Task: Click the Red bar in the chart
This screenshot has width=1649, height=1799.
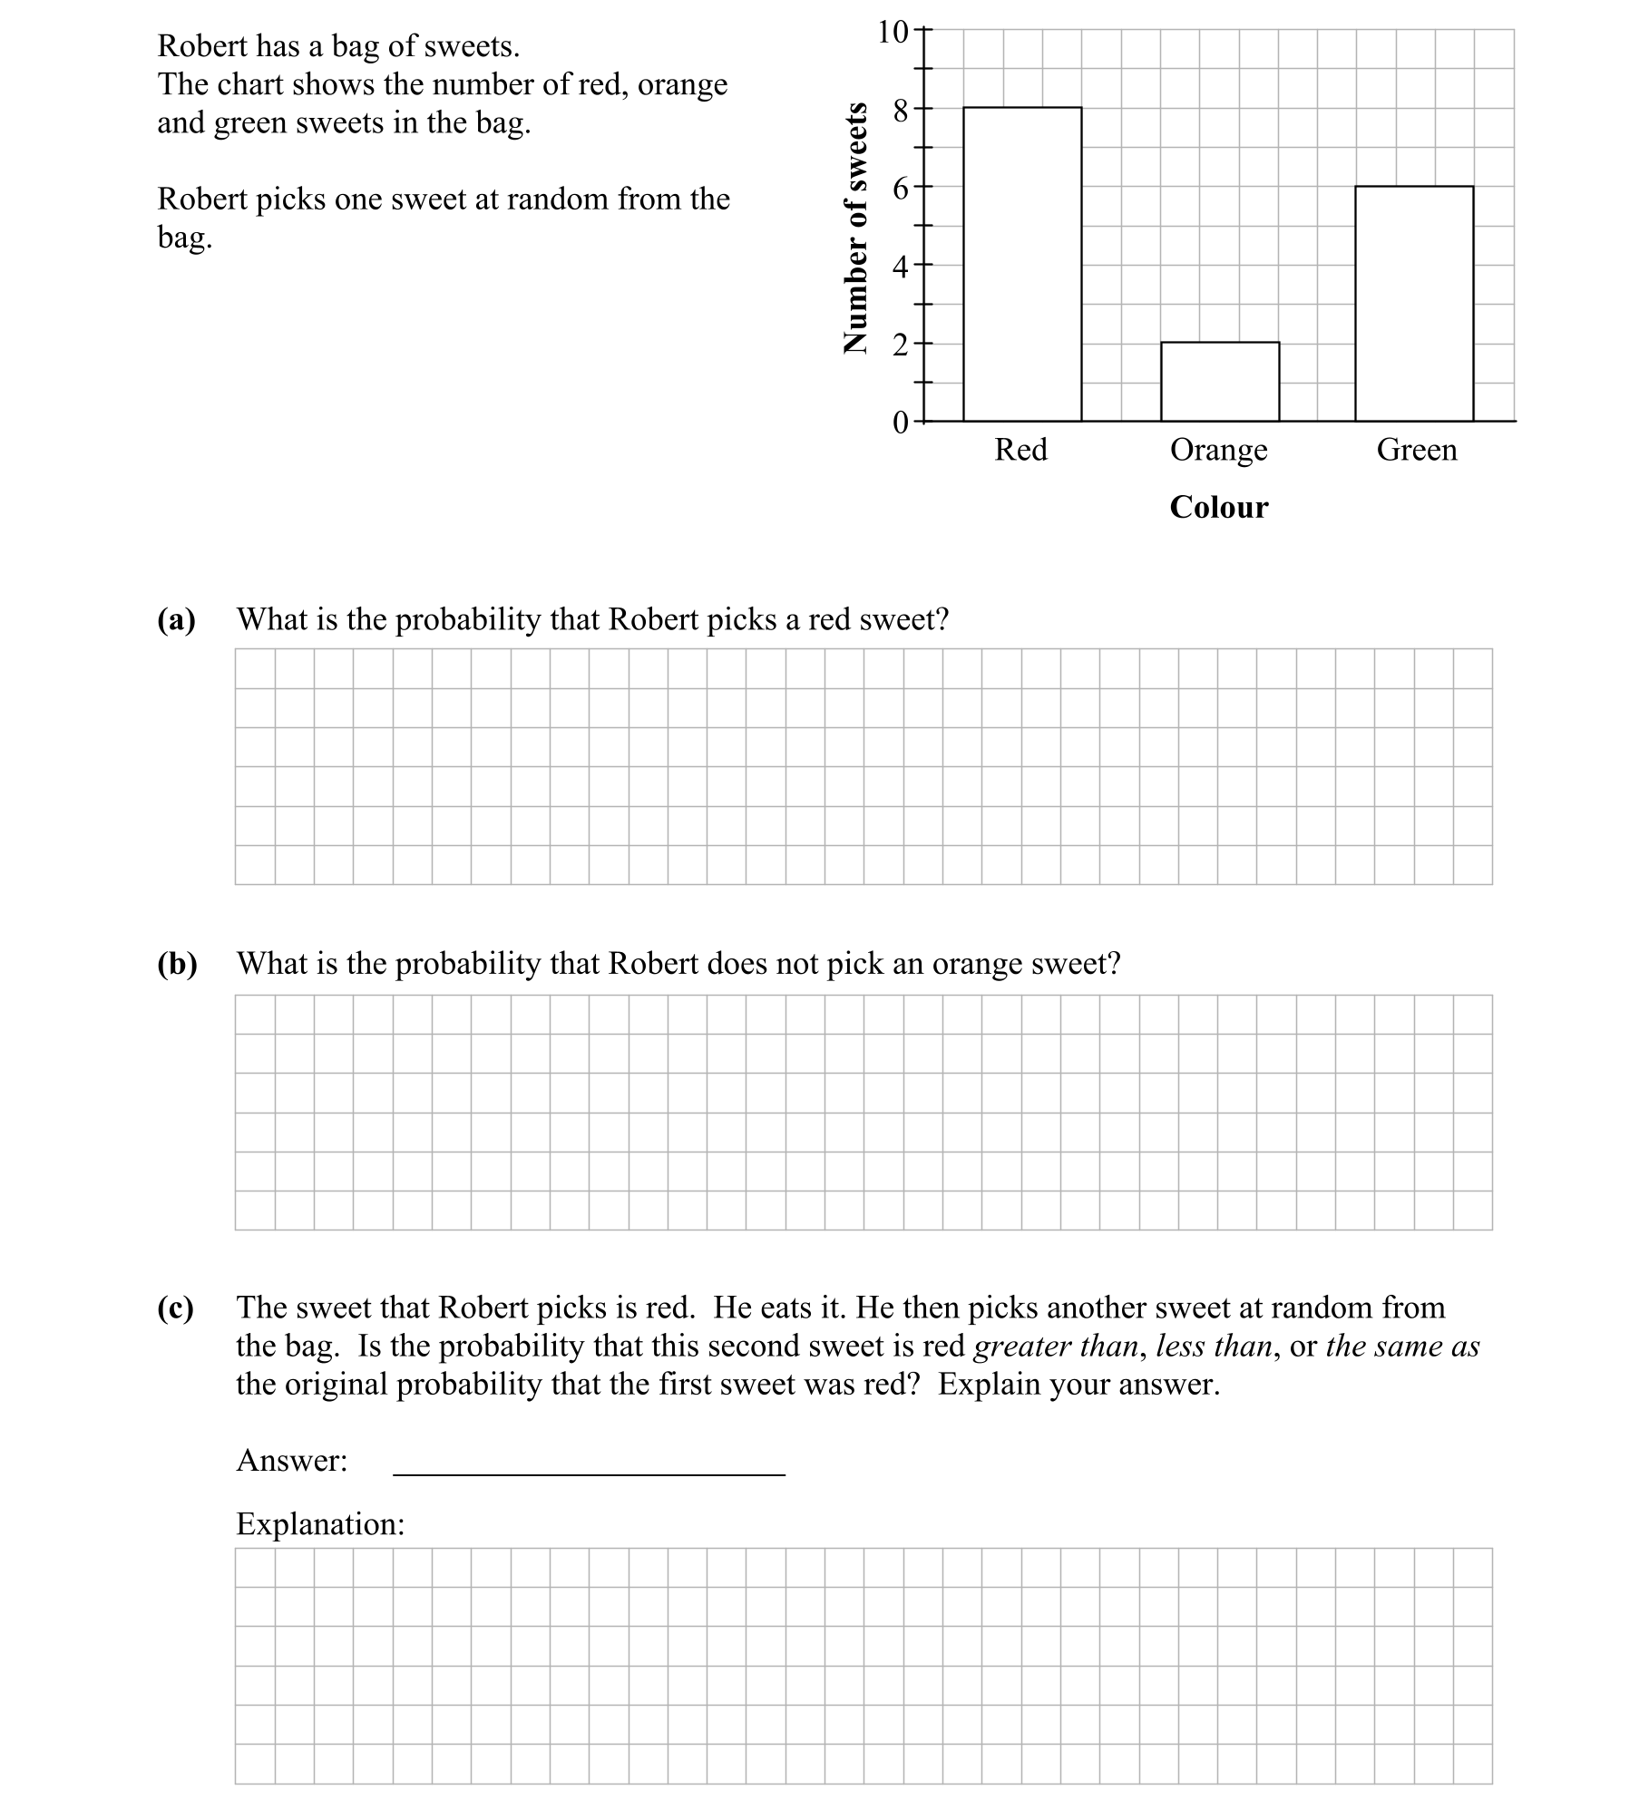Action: click(x=1022, y=264)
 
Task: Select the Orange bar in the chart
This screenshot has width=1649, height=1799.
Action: click(x=1220, y=382)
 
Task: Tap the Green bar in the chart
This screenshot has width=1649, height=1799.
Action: click(x=1414, y=304)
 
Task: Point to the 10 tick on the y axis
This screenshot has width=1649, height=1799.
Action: click(x=893, y=32)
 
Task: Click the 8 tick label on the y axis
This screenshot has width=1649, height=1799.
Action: click(x=900, y=111)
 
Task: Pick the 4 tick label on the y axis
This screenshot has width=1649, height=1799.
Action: click(x=900, y=267)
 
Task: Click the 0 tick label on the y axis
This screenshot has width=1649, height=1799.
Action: click(x=900, y=423)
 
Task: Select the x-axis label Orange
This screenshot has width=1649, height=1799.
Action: click(x=1218, y=450)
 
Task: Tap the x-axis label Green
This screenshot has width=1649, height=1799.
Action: click(x=1416, y=450)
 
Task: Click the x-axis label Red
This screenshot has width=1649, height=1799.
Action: click(x=1020, y=450)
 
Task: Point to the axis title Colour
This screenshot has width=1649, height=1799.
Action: click(x=1218, y=507)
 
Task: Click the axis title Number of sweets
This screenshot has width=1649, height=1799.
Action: click(x=854, y=227)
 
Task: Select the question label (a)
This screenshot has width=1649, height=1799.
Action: click(x=177, y=619)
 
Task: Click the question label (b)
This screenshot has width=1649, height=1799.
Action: click(x=177, y=963)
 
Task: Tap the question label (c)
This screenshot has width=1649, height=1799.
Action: click(x=176, y=1308)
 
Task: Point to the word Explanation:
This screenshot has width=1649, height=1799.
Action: click(x=320, y=1524)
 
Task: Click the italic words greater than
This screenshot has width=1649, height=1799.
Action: click(x=1056, y=1347)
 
